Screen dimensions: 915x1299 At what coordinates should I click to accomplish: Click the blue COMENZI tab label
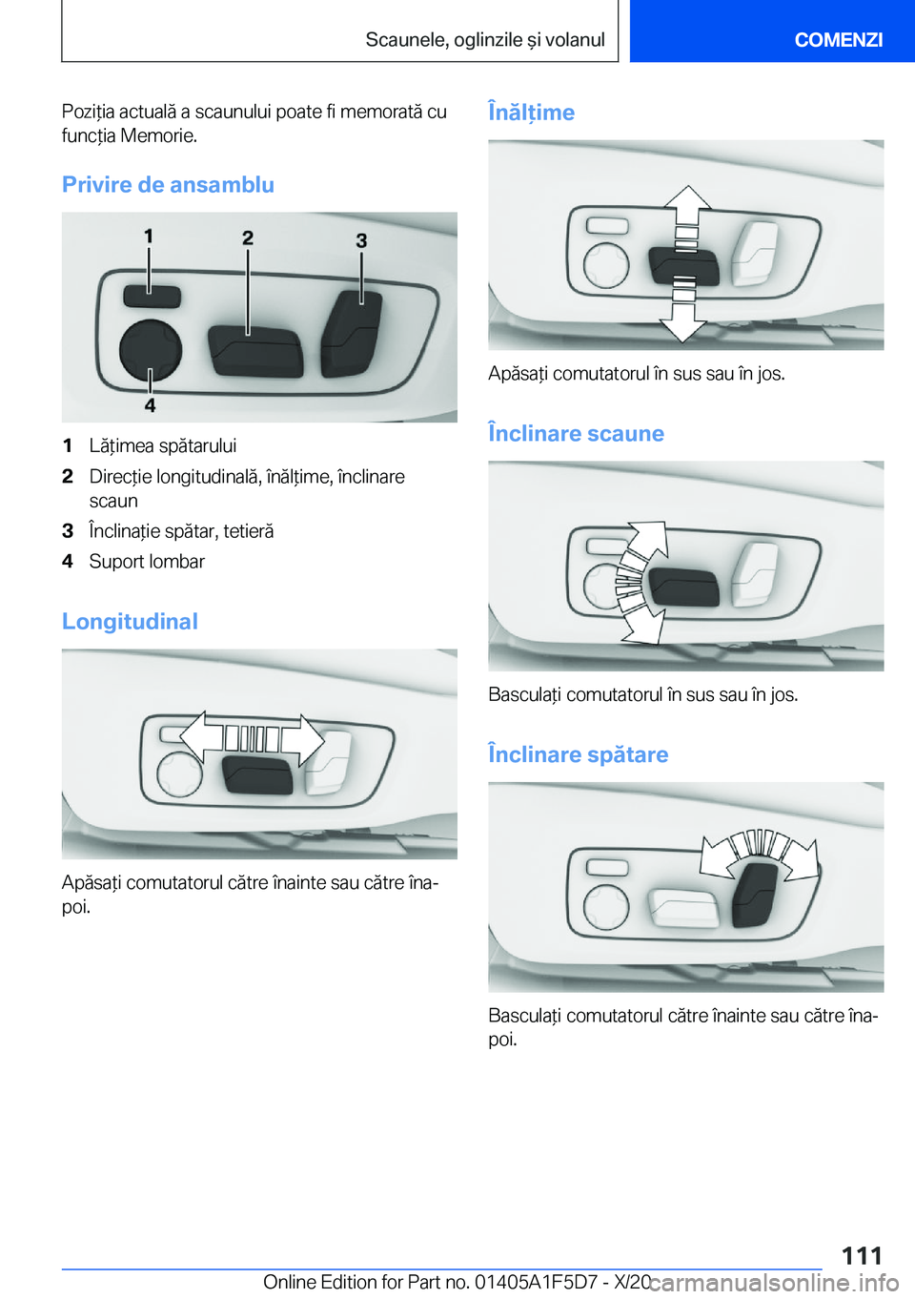838,39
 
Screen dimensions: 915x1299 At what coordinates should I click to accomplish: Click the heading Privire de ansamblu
168,184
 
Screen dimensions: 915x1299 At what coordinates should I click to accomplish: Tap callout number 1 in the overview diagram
149,236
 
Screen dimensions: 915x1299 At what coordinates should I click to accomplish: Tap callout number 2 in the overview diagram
248,237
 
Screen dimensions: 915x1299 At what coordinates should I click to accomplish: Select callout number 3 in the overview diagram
361,240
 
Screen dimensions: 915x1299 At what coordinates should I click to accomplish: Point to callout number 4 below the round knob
150,404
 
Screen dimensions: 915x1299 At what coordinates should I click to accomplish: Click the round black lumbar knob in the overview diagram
151,351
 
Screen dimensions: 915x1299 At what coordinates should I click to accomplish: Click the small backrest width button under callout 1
152,297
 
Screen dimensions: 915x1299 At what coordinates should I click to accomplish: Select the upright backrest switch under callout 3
352,333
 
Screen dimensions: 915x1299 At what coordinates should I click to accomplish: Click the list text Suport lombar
147,562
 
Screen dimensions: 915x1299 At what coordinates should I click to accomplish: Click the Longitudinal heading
130,621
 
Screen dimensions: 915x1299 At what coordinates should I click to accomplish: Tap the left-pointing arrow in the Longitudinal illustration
201,736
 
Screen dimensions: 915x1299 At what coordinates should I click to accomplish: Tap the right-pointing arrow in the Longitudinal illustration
302,739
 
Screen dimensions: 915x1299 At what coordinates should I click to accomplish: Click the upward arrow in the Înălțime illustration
688,205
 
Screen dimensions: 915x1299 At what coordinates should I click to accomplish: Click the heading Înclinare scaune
576,433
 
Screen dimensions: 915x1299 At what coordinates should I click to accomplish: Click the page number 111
862,1255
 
